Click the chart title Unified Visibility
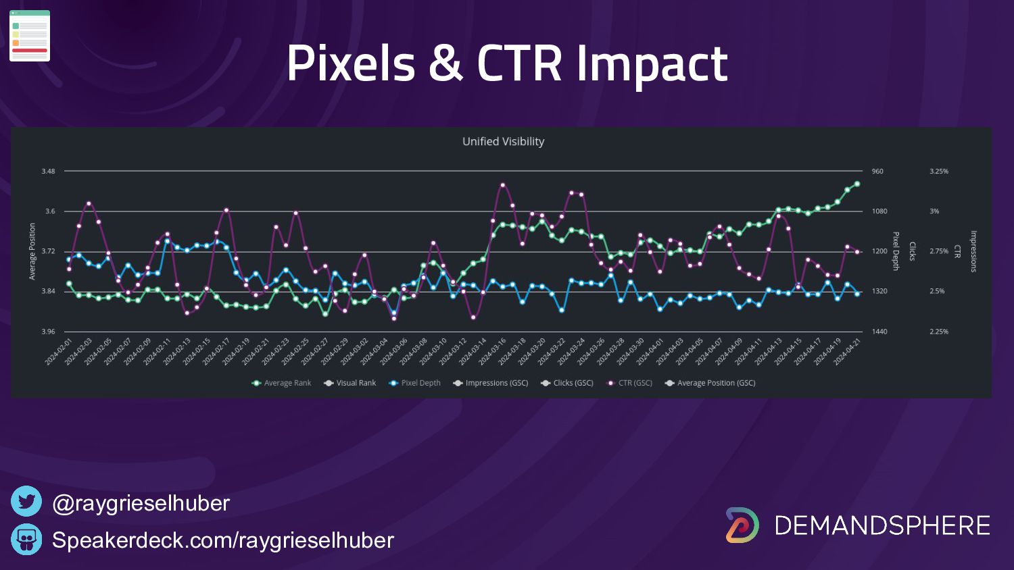[x=503, y=142]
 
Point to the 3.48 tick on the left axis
[x=48, y=172]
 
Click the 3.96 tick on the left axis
[x=48, y=332]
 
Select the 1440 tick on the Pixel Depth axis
[x=879, y=332]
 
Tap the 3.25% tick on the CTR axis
[x=938, y=172]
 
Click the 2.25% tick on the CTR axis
[x=938, y=332]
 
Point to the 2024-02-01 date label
[x=59, y=352]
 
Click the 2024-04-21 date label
[x=848, y=352]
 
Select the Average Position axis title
[x=32, y=251]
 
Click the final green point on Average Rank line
[x=857, y=184]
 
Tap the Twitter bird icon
[x=26, y=502]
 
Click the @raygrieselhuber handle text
[x=141, y=503]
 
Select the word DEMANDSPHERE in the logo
[x=882, y=525]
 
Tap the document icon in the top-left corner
[x=30, y=36]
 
